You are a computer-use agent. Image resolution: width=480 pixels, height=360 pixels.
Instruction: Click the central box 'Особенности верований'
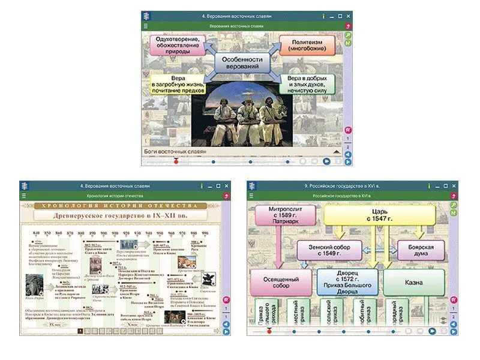pyautogui.click(x=242, y=63)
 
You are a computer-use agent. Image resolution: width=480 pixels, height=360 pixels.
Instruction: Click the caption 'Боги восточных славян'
pyautogui.click(x=175, y=151)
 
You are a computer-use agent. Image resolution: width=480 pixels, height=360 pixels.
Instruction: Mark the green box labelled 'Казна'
pyautogui.click(x=414, y=281)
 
